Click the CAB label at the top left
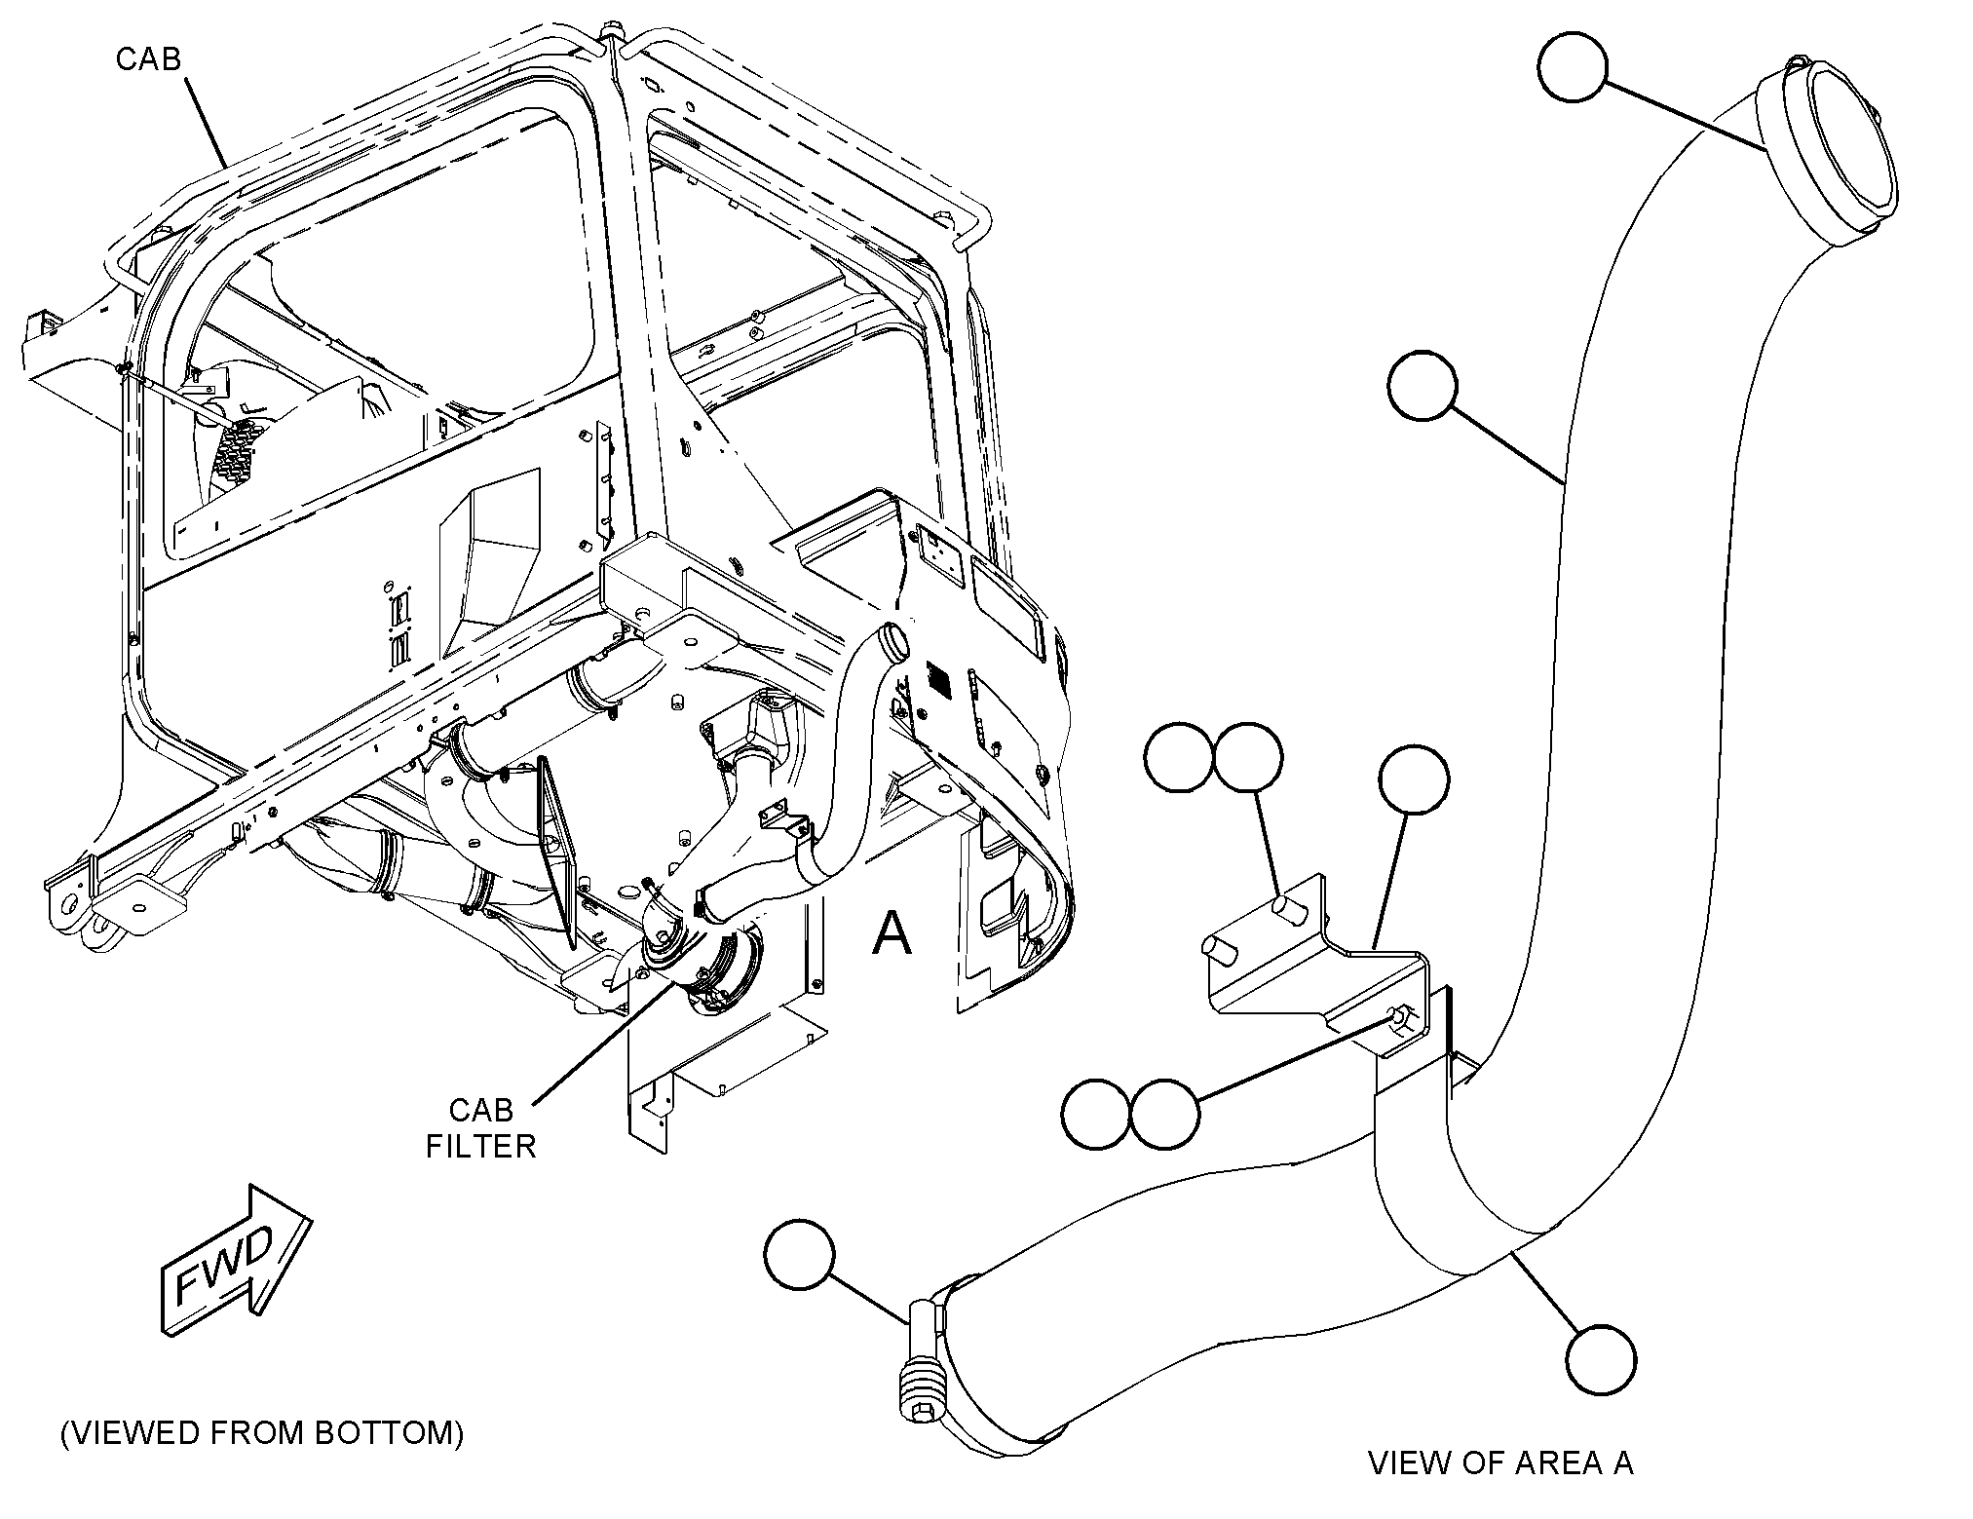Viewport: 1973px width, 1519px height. tap(148, 58)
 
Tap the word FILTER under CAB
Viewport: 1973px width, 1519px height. tap(481, 1146)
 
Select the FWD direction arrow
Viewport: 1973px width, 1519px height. tap(236, 1260)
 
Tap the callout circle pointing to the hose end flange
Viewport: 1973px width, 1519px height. tap(1572, 66)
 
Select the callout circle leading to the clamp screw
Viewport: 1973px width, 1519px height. tap(800, 1257)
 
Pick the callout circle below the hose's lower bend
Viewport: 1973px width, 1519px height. tap(1601, 1359)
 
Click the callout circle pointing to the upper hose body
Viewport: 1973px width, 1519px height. tap(1423, 386)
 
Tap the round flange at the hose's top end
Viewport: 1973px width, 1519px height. tap(1828, 154)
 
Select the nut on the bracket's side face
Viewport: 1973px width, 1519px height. tap(1399, 1017)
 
